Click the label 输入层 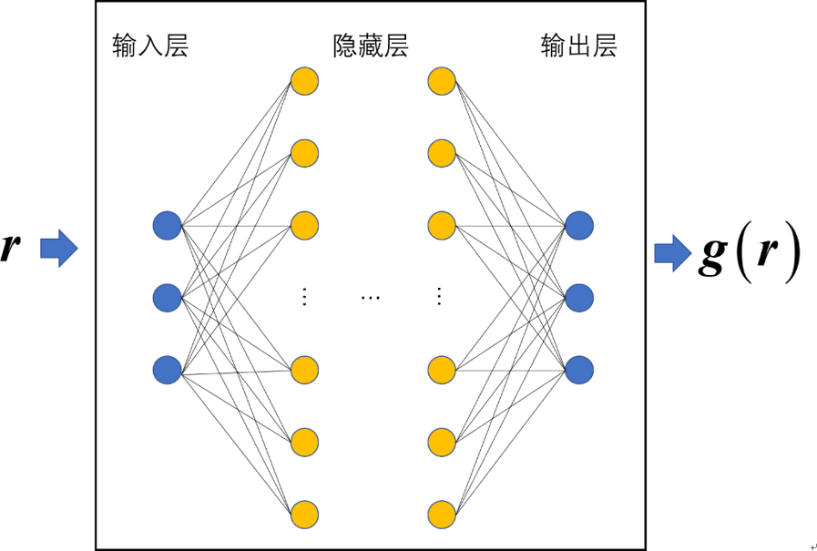point(150,46)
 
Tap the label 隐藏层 point(371,46)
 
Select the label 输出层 point(578,46)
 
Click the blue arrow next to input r point(59,248)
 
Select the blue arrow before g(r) point(673,253)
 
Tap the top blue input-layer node point(168,225)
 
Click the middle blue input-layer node point(168,298)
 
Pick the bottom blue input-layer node point(168,370)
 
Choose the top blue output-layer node point(579,225)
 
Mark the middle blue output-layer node point(579,298)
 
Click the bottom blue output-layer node point(579,370)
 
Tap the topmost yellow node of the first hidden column point(304,81)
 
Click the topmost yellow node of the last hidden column point(442,81)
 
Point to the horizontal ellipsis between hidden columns point(371,298)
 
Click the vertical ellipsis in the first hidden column point(304,297)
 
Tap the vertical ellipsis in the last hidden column point(440,297)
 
